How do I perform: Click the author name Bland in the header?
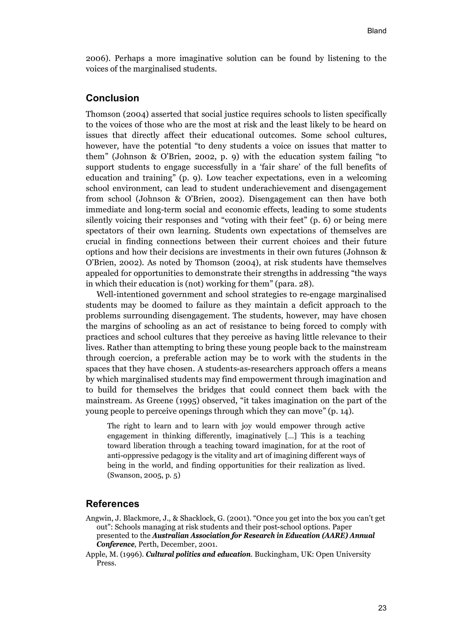pyautogui.click(x=377, y=31)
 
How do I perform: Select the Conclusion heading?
pyautogui.click(x=112, y=98)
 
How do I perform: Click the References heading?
pyautogui.click(x=112, y=504)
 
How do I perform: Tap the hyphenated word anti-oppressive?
pyautogui.click(x=130, y=456)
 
